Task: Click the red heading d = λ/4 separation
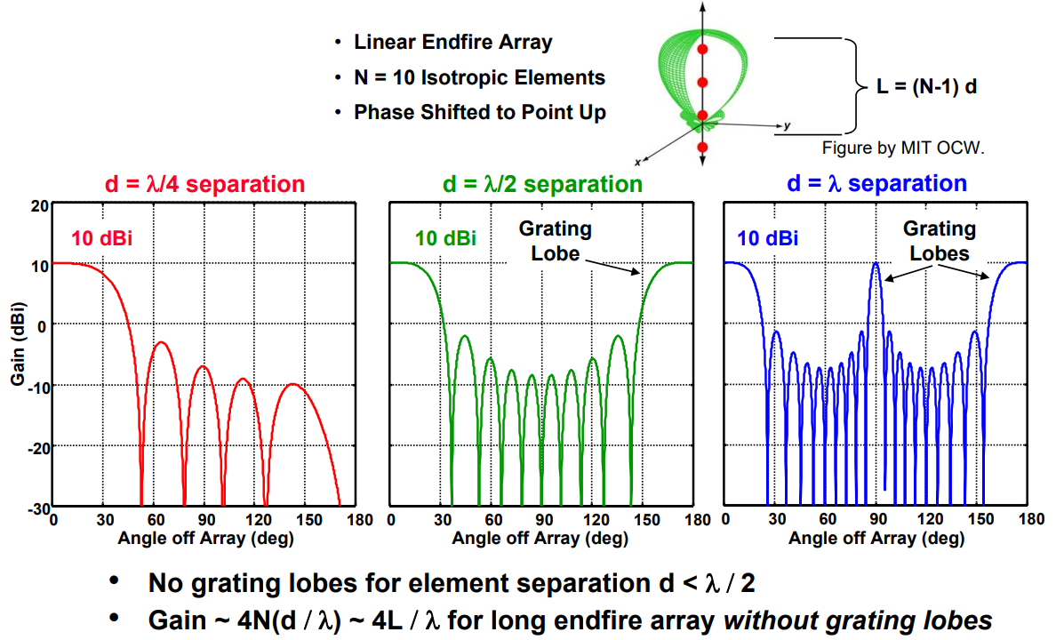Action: [205, 185]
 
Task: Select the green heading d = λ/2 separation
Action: [542, 185]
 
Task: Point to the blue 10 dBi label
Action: [767, 238]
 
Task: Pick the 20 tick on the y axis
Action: [38, 205]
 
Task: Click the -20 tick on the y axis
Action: [36, 445]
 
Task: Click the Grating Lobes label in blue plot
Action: [938, 240]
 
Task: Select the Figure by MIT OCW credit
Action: [903, 148]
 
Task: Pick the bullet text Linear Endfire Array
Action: [453, 42]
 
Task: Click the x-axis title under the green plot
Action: [540, 538]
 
